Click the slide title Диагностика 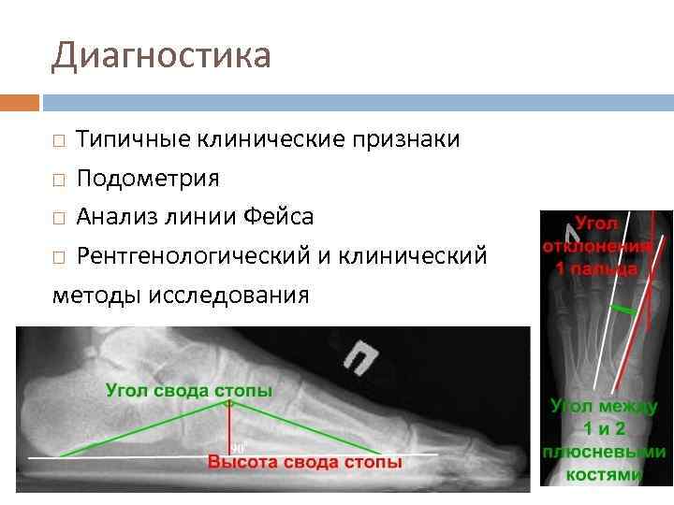[161, 56]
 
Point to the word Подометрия [148, 178]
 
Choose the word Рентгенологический [202, 255]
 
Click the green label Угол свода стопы [189, 390]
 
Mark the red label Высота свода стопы [305, 462]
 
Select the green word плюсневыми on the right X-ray [605, 452]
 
